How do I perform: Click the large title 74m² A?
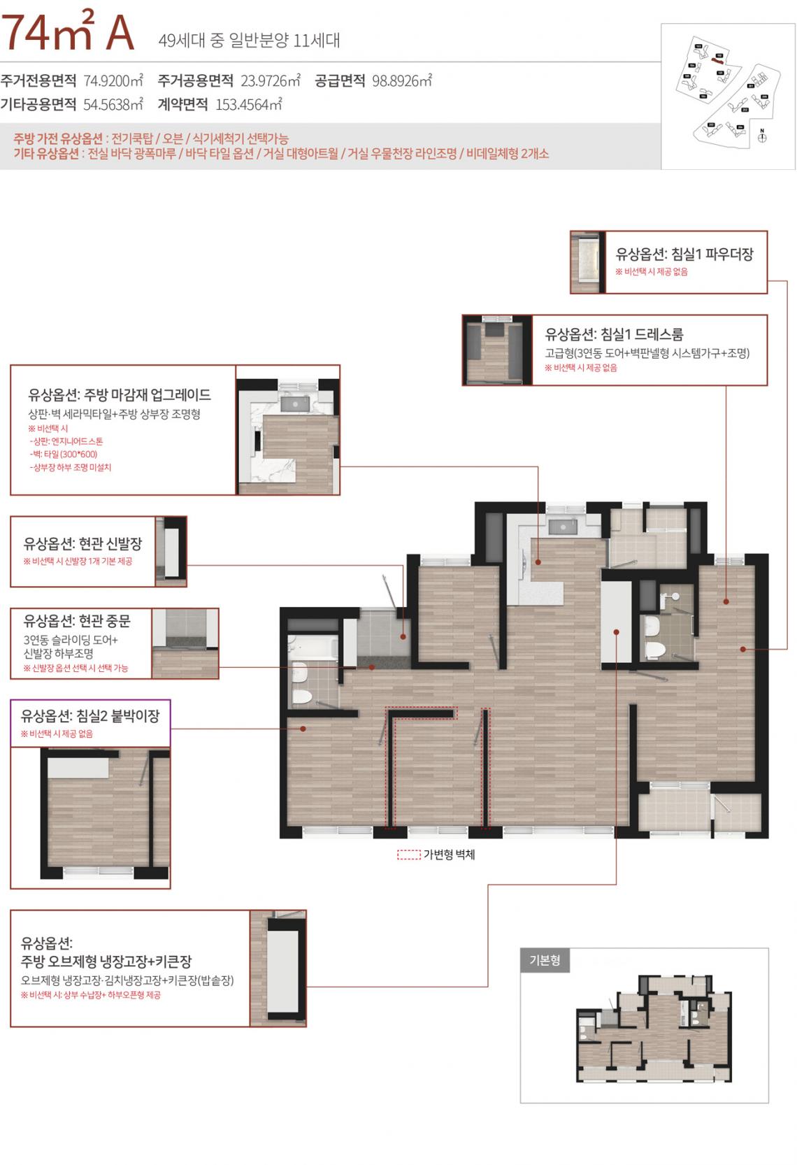(x=68, y=33)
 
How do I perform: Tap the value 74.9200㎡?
(x=113, y=80)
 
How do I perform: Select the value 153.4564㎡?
(x=248, y=105)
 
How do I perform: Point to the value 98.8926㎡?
(x=401, y=80)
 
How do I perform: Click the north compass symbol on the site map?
(x=762, y=136)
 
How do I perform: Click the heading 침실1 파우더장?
(x=684, y=255)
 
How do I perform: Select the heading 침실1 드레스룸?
(x=614, y=334)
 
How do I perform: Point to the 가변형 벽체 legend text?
(x=449, y=855)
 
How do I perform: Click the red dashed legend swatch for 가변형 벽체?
(x=408, y=855)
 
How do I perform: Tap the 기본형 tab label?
(x=545, y=960)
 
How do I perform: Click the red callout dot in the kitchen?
(x=539, y=562)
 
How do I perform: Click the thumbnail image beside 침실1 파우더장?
(x=587, y=262)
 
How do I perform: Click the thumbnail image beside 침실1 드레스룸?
(x=496, y=350)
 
